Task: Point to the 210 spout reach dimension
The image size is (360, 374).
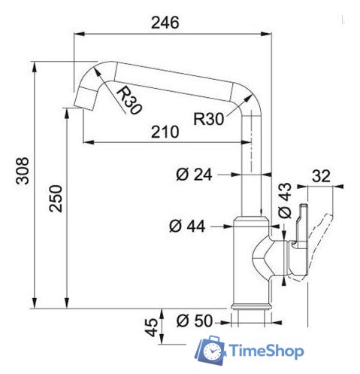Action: coord(163,132)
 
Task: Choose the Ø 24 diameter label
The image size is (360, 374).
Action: coord(192,175)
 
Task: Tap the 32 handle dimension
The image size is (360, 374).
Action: coord(321,177)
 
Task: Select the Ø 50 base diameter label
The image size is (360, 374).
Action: coord(193,321)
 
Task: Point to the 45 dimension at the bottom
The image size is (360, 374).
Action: coord(152,327)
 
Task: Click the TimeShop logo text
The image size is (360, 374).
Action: coord(265,351)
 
